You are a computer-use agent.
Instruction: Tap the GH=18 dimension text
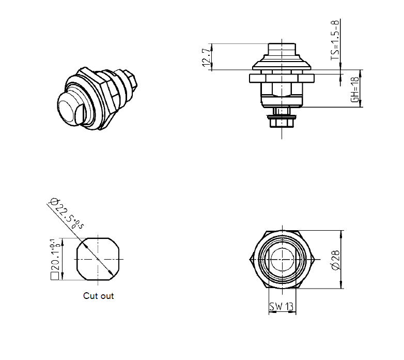pyautogui.click(x=354, y=88)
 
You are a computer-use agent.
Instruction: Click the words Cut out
pyautogui.click(x=98, y=296)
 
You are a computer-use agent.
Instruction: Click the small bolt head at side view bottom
pyautogui.click(x=282, y=122)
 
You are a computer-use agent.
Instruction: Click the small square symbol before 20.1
pyautogui.click(x=54, y=276)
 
